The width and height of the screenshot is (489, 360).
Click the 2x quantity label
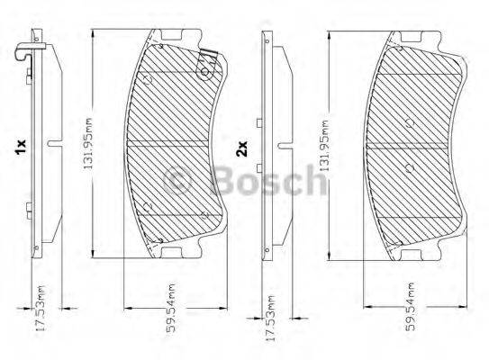click(x=241, y=148)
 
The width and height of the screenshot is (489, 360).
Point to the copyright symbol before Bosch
click(x=187, y=184)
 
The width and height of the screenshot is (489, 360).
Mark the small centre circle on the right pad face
click(x=411, y=167)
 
